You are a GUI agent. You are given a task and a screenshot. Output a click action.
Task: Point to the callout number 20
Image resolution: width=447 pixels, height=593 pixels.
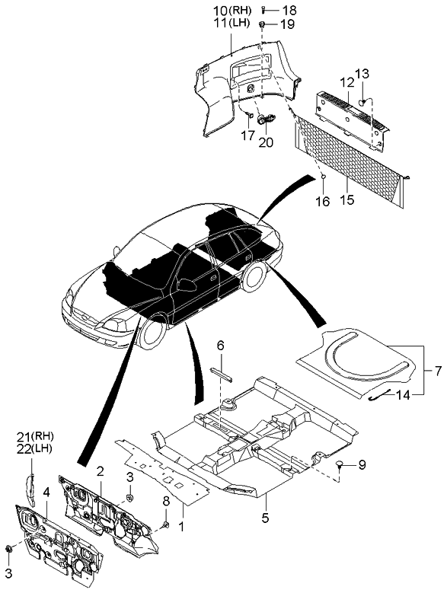(x=267, y=142)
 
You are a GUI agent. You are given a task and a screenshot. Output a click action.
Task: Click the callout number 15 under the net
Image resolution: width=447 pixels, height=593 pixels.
(x=346, y=202)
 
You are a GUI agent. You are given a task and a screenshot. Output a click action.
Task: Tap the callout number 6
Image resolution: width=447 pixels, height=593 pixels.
(x=221, y=346)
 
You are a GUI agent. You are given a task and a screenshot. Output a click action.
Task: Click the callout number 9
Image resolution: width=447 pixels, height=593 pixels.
(x=362, y=464)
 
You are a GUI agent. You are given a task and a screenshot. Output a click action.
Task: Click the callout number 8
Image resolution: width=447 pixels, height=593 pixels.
(x=168, y=500)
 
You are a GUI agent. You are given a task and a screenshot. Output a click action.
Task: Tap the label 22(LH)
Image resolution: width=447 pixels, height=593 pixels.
(x=31, y=448)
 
